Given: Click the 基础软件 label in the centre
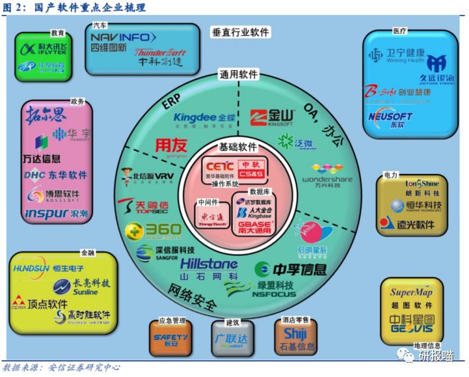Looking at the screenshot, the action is coord(235,147).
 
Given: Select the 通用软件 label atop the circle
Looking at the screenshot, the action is coord(239,74).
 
